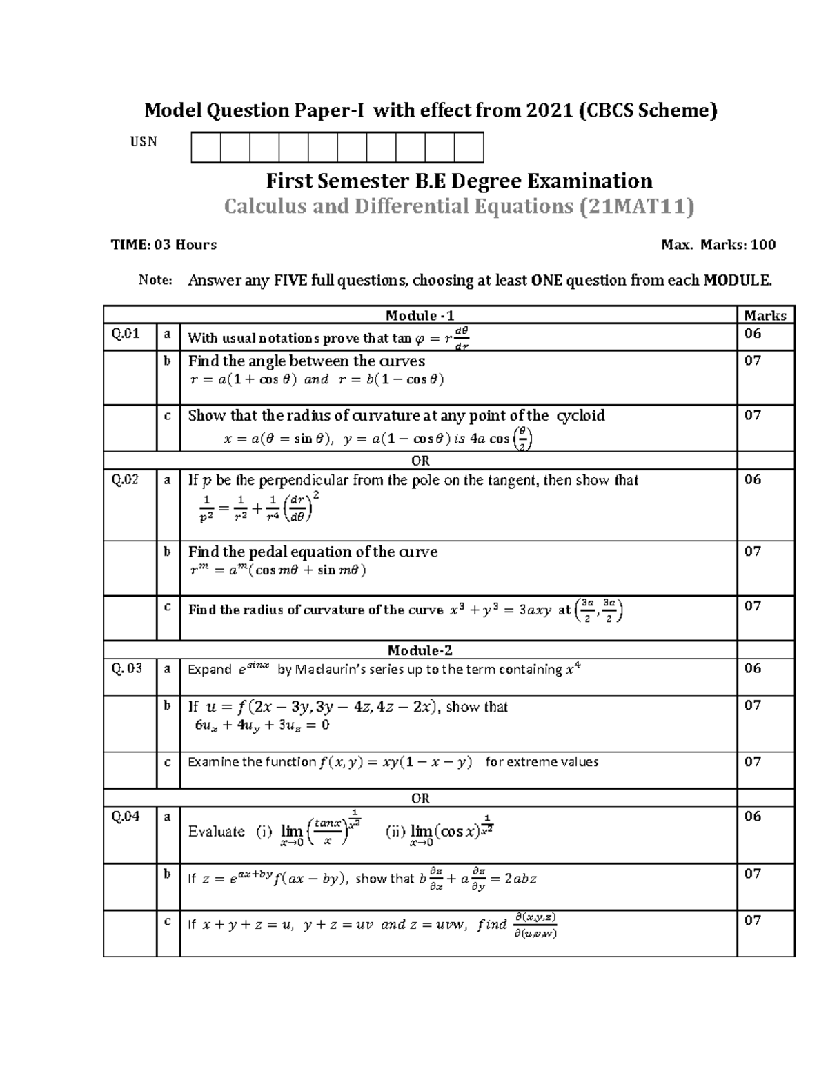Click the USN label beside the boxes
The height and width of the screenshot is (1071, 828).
click(x=144, y=141)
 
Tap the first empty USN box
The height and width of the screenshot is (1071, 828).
click(x=206, y=148)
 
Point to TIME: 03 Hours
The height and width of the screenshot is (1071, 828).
click(x=164, y=244)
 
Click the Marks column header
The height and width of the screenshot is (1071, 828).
click(x=765, y=315)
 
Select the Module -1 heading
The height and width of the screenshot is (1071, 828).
click(x=420, y=315)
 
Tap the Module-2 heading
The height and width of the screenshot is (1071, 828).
click(x=420, y=650)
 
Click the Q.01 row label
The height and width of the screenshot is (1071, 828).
click(x=126, y=334)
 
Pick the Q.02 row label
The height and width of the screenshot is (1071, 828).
click(x=126, y=480)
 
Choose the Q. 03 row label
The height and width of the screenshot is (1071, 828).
click(x=127, y=668)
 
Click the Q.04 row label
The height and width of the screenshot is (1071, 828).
click(x=126, y=816)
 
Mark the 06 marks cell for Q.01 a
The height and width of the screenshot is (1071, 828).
click(x=753, y=334)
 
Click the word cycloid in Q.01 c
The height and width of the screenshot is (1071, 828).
click(x=580, y=415)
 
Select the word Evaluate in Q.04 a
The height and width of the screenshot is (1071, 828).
click(x=216, y=831)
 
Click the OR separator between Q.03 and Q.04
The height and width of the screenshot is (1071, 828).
click(x=420, y=798)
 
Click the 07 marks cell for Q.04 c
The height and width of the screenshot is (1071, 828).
click(x=753, y=920)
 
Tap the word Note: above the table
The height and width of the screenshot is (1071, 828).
click(x=155, y=280)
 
